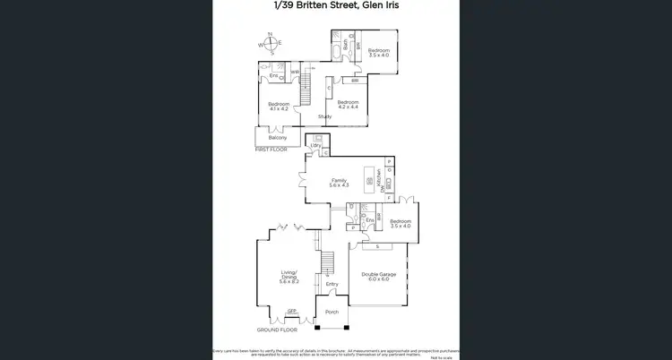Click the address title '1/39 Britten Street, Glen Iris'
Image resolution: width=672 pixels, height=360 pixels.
click(336, 5)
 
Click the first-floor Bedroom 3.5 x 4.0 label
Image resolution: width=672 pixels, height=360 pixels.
click(379, 53)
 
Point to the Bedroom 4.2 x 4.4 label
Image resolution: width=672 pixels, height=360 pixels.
click(348, 105)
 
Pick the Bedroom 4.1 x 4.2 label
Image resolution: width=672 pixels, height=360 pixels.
click(278, 107)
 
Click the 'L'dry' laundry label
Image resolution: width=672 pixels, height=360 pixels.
click(315, 145)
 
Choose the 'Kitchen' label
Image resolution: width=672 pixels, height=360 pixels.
click(380, 180)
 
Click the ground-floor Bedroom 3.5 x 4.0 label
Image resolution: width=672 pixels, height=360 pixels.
click(400, 224)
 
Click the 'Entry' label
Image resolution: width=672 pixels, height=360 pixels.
click(332, 284)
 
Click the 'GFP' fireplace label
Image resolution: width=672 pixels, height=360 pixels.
click(291, 311)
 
